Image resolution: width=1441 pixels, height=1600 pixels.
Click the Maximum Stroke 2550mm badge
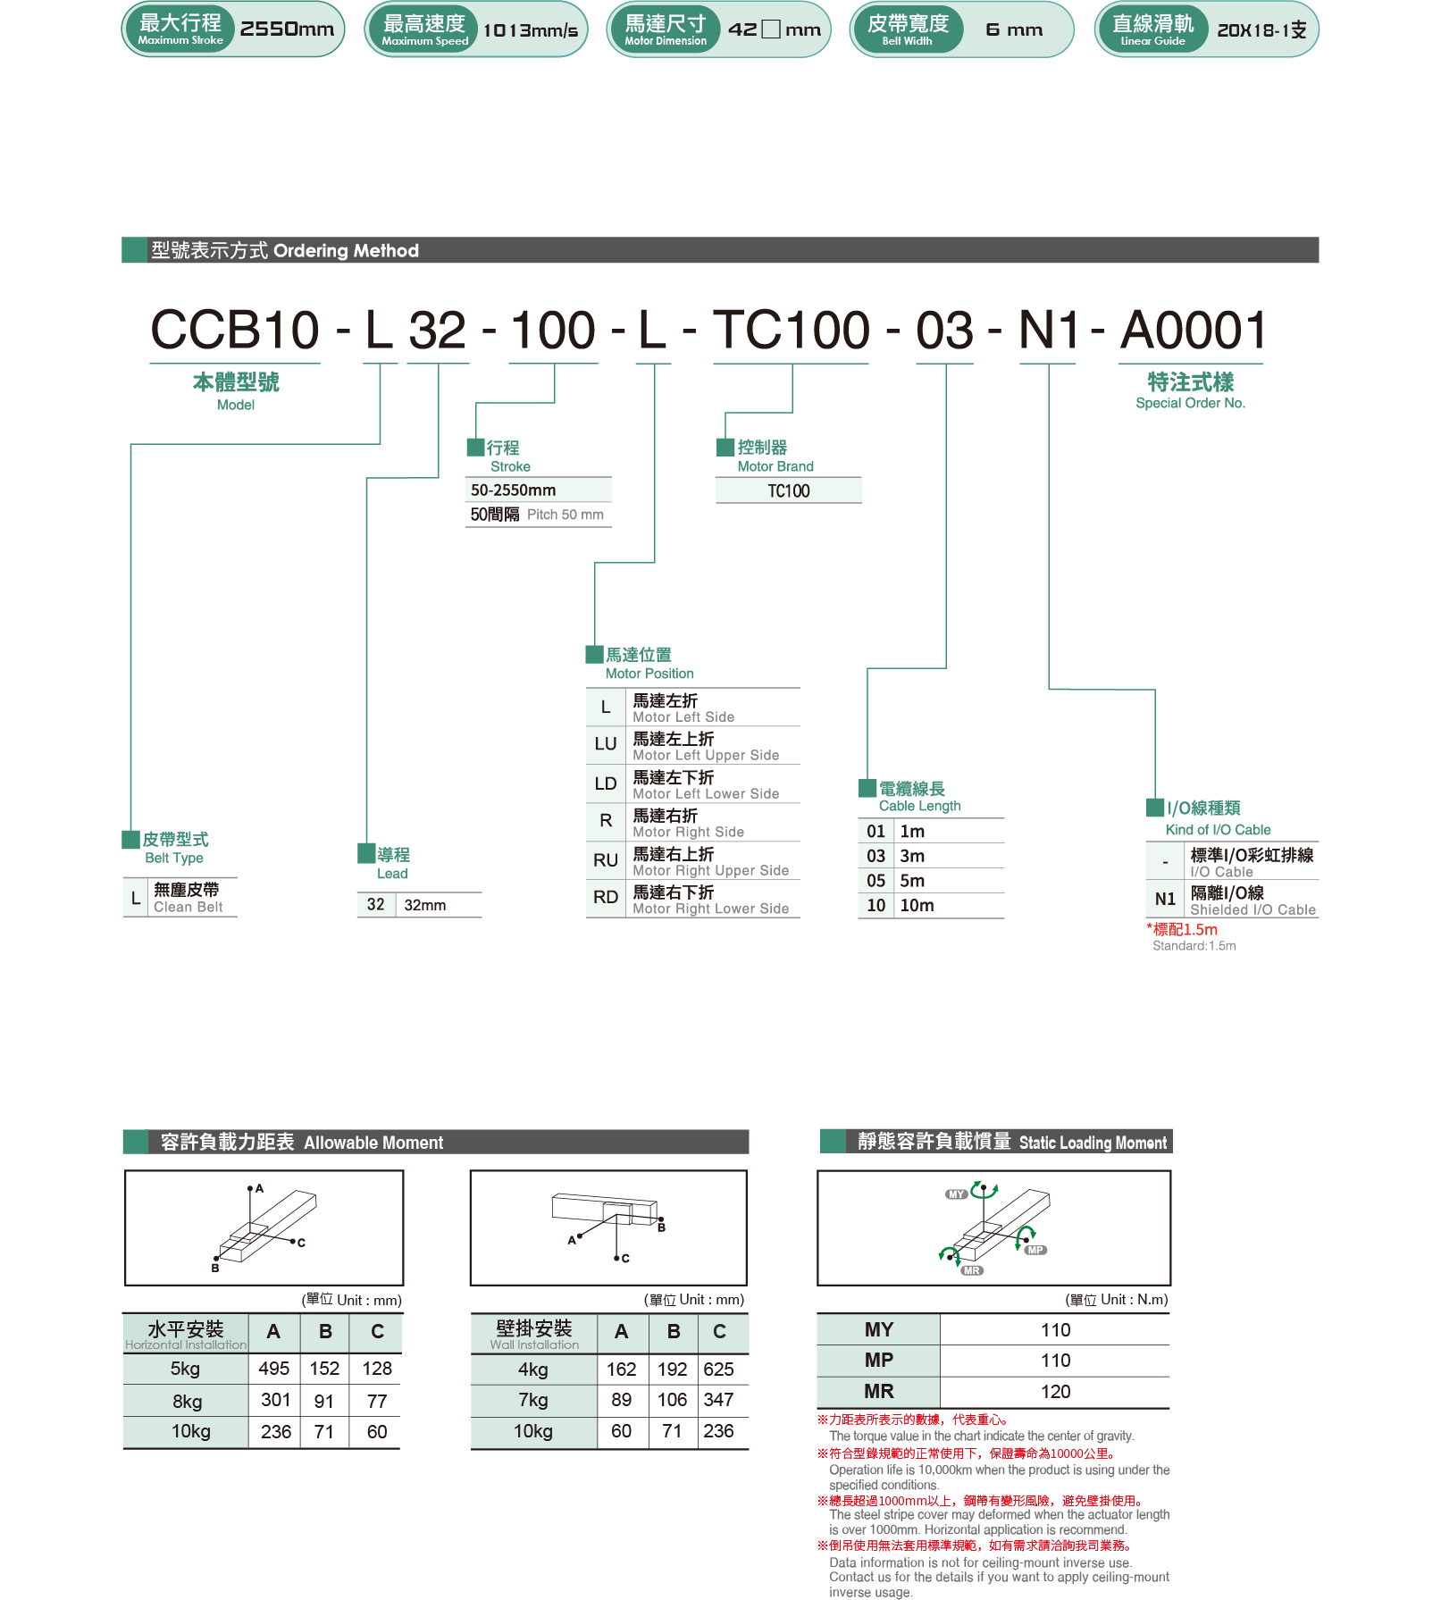pos(232,29)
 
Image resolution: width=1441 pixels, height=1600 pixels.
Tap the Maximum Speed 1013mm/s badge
pos(475,29)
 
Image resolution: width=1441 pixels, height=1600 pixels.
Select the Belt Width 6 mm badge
pos(960,29)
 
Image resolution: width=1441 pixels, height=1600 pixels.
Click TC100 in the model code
pos(791,331)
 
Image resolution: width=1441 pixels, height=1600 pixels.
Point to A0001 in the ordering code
pos(1193,331)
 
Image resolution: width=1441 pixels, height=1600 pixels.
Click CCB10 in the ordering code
pos(235,331)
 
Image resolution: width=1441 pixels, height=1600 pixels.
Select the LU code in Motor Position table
pos(606,744)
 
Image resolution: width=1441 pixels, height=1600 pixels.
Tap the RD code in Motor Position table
pos(606,898)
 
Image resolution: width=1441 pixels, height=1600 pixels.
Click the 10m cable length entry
pos(917,906)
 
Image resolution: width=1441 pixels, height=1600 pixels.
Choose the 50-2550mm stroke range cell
pos(514,490)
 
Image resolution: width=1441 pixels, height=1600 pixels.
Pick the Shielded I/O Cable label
pos(1252,910)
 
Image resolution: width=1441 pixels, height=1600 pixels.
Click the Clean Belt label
pos(188,908)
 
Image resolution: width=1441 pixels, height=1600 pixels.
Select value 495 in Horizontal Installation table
pos(273,1369)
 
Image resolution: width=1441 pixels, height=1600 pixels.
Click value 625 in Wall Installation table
pos(718,1370)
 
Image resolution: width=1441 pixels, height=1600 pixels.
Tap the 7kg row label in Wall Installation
pos(532,1400)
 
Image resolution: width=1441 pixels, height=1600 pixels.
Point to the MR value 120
pos(1055,1392)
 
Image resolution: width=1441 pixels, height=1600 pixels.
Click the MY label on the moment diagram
pos(956,1194)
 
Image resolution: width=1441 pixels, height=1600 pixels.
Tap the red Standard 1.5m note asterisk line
pos(1183,930)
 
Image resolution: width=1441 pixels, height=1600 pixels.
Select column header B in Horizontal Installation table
pos(325,1332)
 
